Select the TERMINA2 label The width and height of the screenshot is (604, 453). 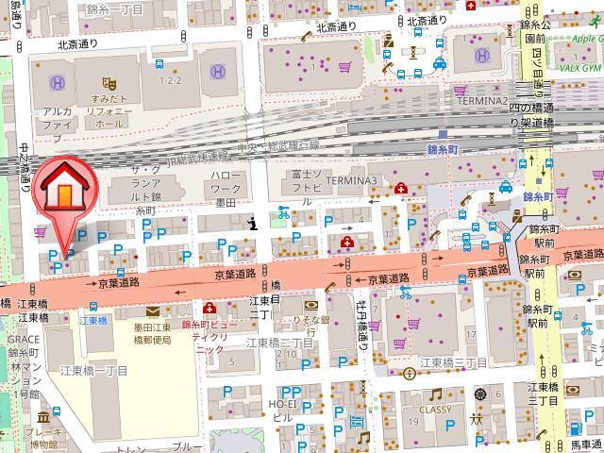482,100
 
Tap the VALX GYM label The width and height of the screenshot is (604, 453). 577,68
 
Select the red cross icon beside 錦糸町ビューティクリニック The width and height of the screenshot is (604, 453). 209,308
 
